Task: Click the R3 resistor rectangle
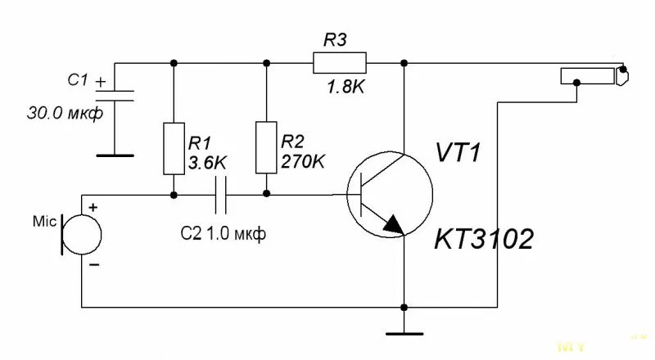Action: [x=339, y=62]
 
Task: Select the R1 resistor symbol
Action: [x=173, y=148]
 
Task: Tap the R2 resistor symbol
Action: [x=266, y=147]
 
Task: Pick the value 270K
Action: [x=302, y=162]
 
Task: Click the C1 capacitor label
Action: [x=78, y=80]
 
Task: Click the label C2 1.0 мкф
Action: [x=223, y=234]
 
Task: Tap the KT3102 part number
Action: [x=483, y=240]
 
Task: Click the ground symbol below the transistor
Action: [x=404, y=332]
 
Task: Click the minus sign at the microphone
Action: [x=93, y=265]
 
